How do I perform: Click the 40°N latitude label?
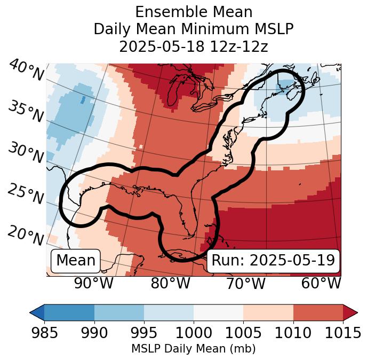(x=26, y=71)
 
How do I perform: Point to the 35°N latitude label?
(x=26, y=111)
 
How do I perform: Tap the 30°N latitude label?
(x=26, y=153)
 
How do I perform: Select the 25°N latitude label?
(x=26, y=194)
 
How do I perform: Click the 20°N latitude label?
(x=26, y=235)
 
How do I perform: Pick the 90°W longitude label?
(x=93, y=283)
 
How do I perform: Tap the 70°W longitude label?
(x=246, y=283)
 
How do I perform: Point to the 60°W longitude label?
(x=321, y=283)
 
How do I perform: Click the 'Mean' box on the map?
(x=76, y=261)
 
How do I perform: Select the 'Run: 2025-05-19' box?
(x=273, y=261)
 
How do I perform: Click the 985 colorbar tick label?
(x=45, y=333)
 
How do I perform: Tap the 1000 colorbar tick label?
(x=194, y=333)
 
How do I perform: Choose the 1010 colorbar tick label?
(x=293, y=333)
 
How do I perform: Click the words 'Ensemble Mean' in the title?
(x=193, y=12)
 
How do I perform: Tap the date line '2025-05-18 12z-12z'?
(x=193, y=46)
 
